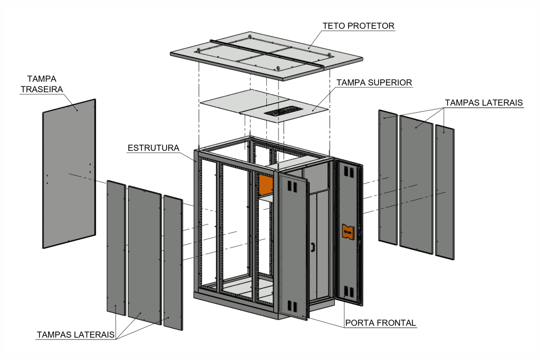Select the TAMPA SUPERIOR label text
click(x=374, y=83)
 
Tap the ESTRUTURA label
click(x=153, y=148)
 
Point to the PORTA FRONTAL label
click(x=380, y=323)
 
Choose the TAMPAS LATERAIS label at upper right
click(x=484, y=103)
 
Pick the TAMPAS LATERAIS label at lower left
click(x=75, y=335)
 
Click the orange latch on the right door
click(x=347, y=231)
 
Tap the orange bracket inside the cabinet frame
click(x=265, y=184)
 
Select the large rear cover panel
click(x=69, y=174)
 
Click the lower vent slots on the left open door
click(x=290, y=305)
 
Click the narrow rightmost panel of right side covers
click(x=445, y=192)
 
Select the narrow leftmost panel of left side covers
click(x=115, y=248)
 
